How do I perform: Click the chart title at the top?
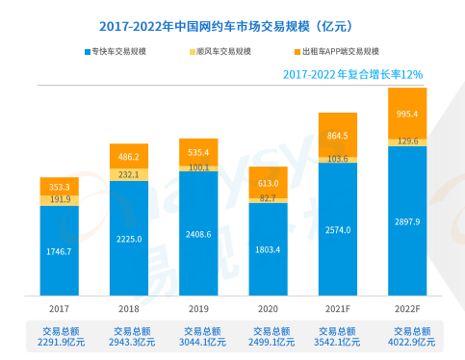233,26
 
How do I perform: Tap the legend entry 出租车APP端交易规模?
335,50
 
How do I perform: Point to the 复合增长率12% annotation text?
352,73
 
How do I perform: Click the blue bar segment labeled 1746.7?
59,260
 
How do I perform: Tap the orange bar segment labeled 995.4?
406,114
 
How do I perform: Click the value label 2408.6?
198,233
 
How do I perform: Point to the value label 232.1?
129,174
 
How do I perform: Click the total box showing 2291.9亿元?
59,335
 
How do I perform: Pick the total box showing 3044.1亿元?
198,335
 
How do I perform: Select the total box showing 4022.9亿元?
406,335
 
